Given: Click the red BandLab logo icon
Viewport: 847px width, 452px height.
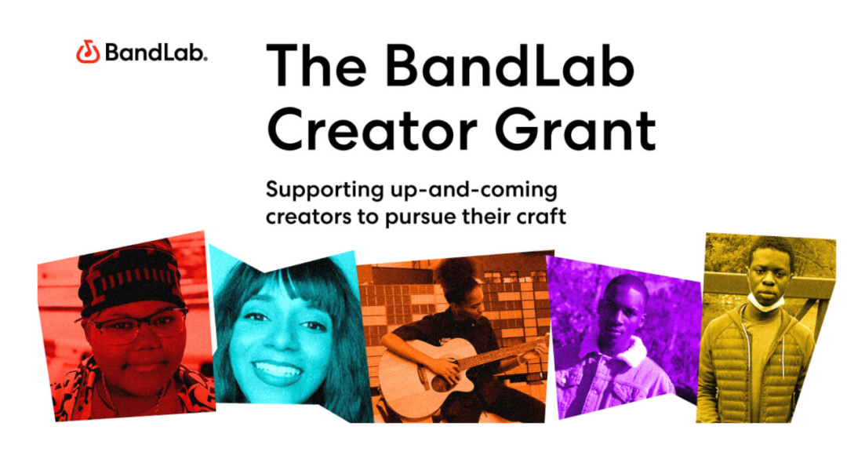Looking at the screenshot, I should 88,53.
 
